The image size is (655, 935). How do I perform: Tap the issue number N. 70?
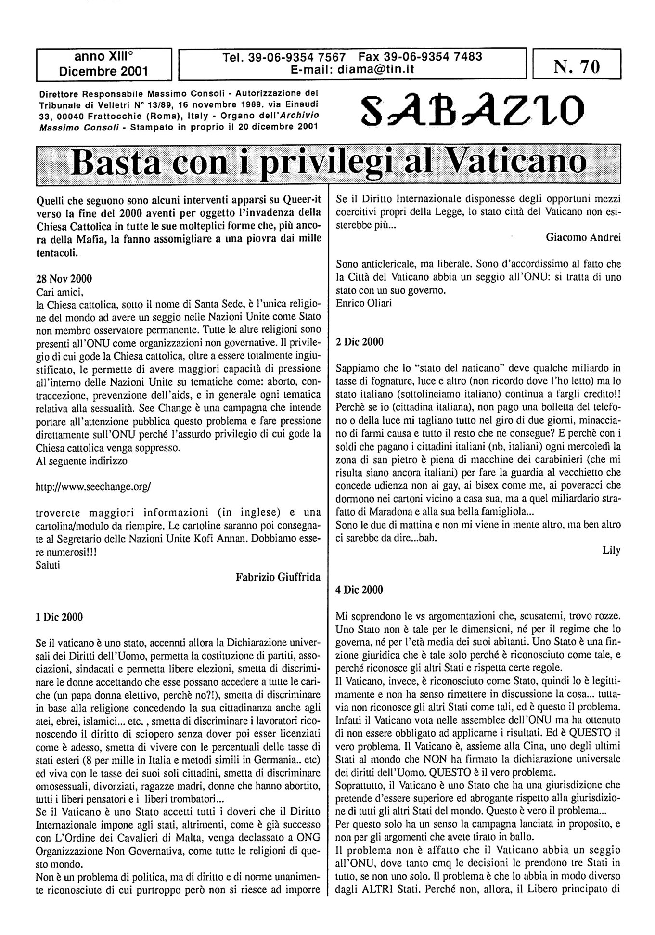point(577,67)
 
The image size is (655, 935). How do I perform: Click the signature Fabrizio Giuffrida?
point(278,577)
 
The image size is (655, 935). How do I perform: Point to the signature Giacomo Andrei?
point(583,236)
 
